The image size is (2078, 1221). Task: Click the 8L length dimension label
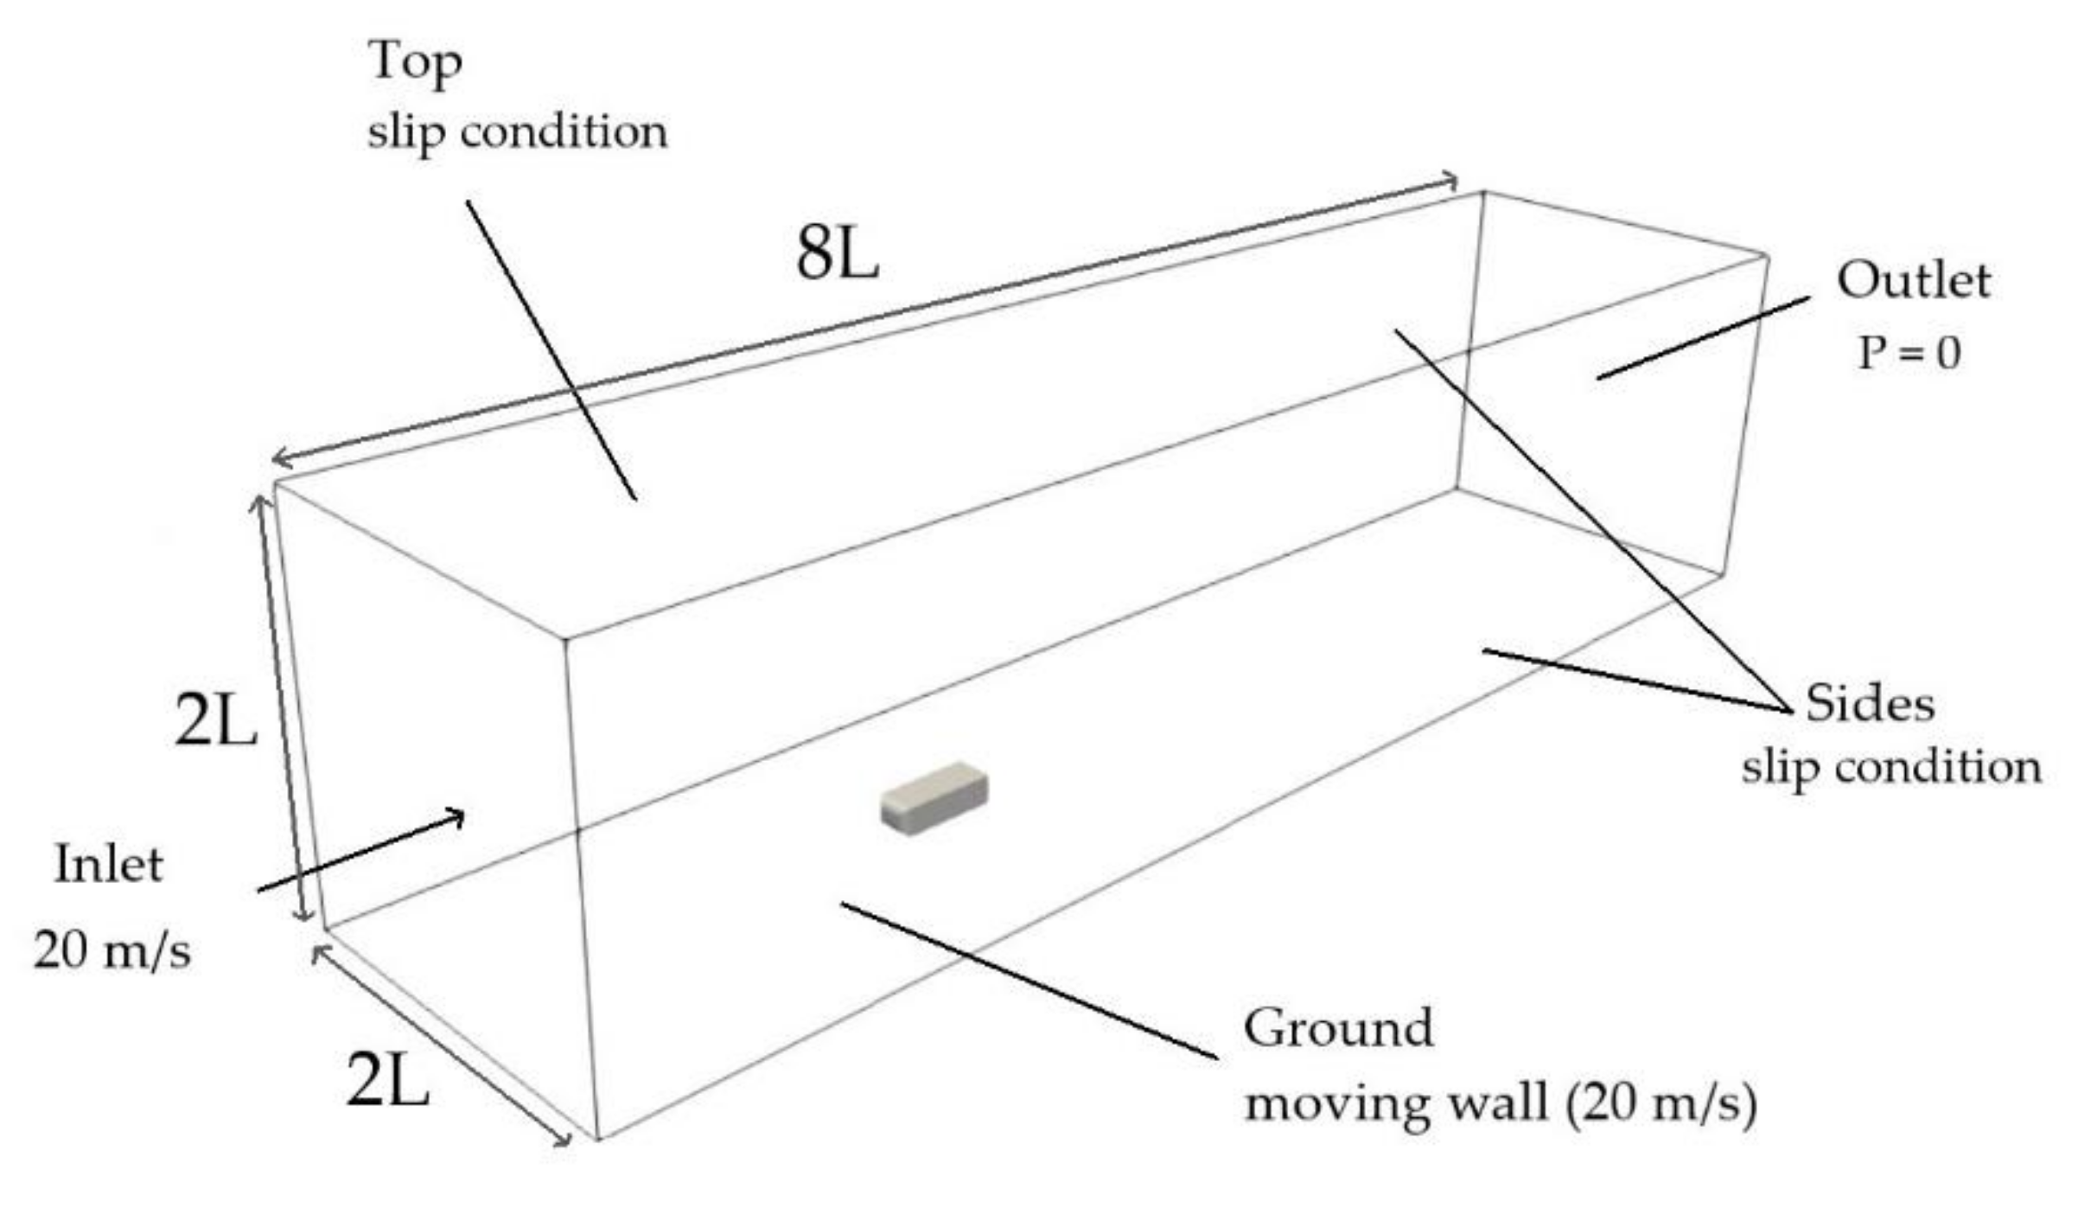(x=837, y=256)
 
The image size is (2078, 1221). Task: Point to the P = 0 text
(x=1909, y=353)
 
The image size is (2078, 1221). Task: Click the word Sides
(x=1870, y=704)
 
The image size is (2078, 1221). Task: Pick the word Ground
(x=1338, y=1029)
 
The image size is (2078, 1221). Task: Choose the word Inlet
(x=109, y=865)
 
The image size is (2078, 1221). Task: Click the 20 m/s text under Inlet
(x=112, y=951)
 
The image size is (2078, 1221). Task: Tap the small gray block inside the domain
(x=934, y=797)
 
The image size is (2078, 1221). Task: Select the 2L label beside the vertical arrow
(x=215, y=720)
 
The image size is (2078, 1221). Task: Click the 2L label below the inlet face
(x=387, y=1081)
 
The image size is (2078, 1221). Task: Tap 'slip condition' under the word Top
(x=517, y=133)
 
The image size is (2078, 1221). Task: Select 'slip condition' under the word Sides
(x=1891, y=768)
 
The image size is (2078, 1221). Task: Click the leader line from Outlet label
(x=1703, y=337)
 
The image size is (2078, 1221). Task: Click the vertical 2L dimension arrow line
(x=281, y=709)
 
